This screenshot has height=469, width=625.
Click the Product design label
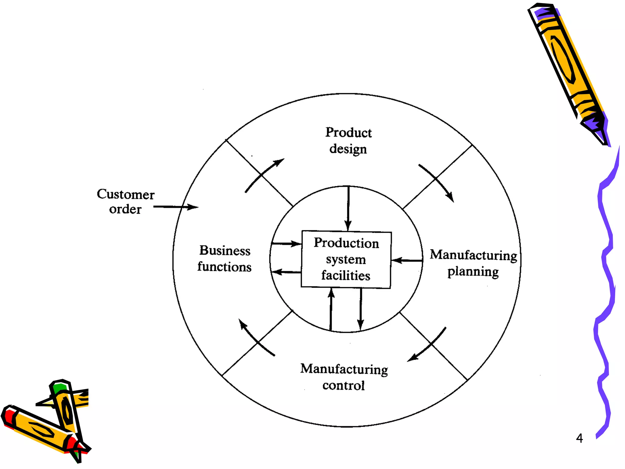coord(348,141)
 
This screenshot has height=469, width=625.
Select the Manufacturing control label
coord(344,377)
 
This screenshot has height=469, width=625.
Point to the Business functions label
coord(225,258)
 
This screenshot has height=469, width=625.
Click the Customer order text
coord(125,202)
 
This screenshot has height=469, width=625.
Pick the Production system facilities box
coord(346,260)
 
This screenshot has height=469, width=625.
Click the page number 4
coord(579,438)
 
